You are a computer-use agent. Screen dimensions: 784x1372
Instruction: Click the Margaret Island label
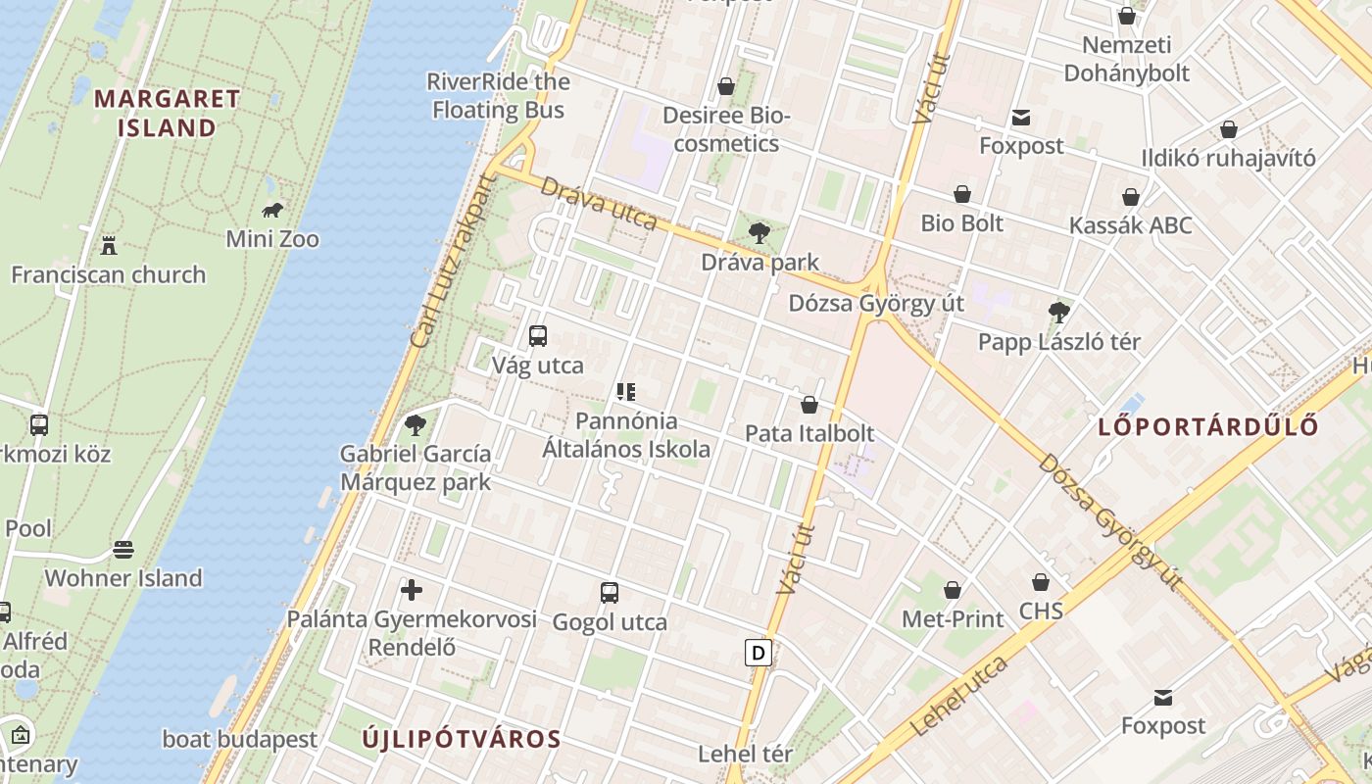[x=167, y=113]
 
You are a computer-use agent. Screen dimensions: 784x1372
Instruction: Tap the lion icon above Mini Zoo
[x=272, y=210]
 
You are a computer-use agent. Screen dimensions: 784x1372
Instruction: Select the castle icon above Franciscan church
[x=109, y=245]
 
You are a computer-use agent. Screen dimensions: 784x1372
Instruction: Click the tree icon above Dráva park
[x=759, y=233]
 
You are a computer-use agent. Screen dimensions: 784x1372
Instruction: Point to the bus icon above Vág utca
[x=537, y=336]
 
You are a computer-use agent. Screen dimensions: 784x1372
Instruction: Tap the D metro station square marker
[x=758, y=653]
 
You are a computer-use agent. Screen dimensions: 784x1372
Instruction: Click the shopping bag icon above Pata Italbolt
[x=809, y=404]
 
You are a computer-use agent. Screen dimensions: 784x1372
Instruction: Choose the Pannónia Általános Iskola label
[x=627, y=435]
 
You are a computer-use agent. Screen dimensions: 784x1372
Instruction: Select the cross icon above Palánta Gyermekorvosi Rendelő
[x=412, y=590]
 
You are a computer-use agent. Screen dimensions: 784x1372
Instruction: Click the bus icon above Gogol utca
[x=610, y=592]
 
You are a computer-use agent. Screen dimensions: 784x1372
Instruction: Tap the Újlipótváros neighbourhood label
[x=462, y=739]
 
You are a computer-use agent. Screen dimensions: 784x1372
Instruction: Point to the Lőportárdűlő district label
[x=1208, y=426]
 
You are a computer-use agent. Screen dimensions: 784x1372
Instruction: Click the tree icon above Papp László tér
[x=1058, y=313]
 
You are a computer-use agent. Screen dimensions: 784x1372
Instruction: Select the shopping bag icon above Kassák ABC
[x=1131, y=197]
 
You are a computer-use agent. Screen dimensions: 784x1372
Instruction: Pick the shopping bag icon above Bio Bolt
[x=962, y=194]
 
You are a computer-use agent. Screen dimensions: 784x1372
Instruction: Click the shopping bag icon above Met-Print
[x=953, y=590]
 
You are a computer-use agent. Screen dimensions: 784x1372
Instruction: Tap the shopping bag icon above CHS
[x=1041, y=582]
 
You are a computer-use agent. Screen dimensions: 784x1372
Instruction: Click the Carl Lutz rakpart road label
[x=450, y=263]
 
